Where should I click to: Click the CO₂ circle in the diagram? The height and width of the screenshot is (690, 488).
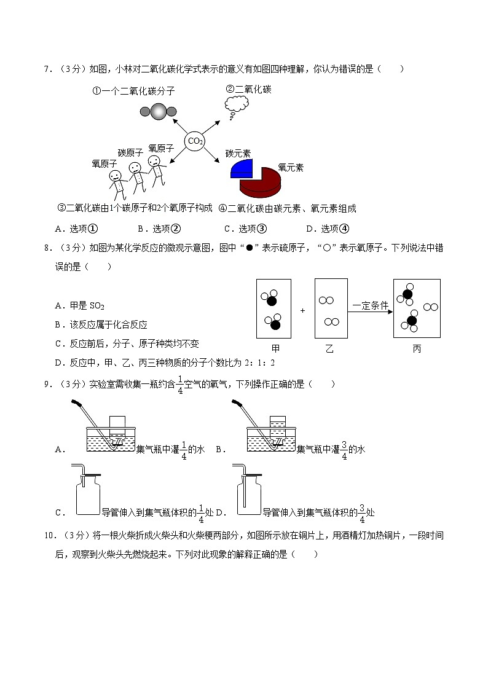point(195,141)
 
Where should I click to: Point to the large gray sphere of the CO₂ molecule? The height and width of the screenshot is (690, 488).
point(158,111)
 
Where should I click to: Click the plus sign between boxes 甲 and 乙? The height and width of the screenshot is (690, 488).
point(302,311)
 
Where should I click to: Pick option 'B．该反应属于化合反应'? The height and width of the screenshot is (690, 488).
point(101,324)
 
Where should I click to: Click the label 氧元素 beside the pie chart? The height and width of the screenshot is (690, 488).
point(291,167)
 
